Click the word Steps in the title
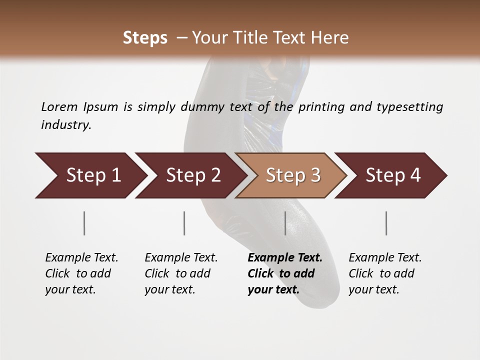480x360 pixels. pos(145,38)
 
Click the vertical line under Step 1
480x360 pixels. pos(84,223)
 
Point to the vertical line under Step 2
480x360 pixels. pos(184,223)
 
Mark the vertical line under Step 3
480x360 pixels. pos(285,223)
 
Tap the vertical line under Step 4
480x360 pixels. pos(386,223)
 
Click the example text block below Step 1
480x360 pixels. pos(81,273)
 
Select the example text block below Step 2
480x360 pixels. pos(181,273)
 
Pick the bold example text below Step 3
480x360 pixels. pos(285,273)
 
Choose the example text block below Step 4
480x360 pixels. pos(385,273)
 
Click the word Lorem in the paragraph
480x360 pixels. pos(59,107)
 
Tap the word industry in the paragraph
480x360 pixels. pos(66,125)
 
